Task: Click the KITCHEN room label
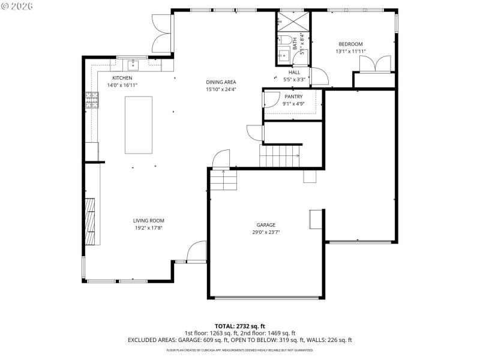coord(122,78)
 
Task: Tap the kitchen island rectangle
coord(138,125)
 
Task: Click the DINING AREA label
coord(221,82)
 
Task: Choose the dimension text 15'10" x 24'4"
coord(221,89)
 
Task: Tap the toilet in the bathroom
coord(286,41)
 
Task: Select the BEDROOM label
coord(350,44)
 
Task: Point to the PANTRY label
coord(293,97)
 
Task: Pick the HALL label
coord(294,72)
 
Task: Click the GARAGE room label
coord(266,224)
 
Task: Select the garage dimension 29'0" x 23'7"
coord(266,232)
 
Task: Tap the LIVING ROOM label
coord(148,220)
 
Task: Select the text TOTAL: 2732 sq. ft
coord(239,326)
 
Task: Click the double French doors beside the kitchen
coord(162,33)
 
